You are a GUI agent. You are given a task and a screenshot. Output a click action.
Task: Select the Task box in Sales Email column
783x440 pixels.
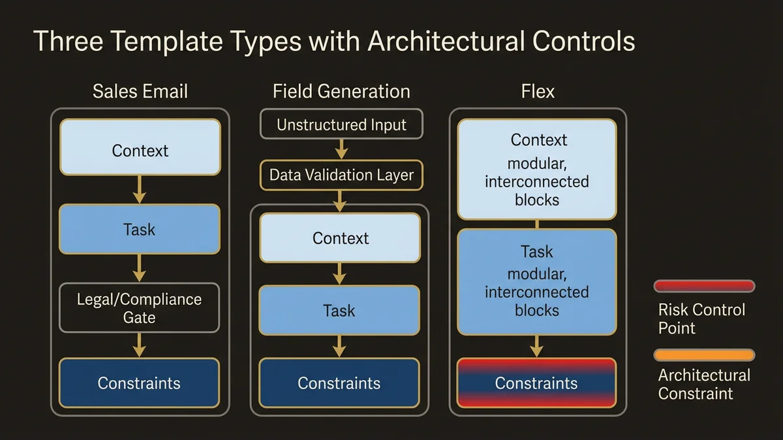pos(140,229)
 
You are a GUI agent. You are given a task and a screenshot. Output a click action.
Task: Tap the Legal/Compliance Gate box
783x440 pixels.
pos(140,308)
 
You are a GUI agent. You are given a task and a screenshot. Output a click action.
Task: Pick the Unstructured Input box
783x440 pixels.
pos(341,125)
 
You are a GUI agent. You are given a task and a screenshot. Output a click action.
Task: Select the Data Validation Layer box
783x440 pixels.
pos(341,175)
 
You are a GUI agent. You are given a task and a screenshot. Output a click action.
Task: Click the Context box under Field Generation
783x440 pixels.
pos(340,238)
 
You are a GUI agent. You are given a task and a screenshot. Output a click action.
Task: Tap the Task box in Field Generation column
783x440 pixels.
pos(339,310)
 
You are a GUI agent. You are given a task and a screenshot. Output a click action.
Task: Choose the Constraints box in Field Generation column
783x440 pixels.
pos(339,383)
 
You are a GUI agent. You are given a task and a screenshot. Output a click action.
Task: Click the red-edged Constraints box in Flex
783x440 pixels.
pos(536,383)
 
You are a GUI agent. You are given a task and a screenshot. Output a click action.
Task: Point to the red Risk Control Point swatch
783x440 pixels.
pos(704,286)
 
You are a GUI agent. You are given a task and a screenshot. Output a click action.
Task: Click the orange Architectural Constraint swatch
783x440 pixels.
pos(704,355)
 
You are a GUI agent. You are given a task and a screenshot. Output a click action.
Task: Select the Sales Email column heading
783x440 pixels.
pos(140,91)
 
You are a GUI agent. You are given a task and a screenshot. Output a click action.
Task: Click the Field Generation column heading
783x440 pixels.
pos(341,91)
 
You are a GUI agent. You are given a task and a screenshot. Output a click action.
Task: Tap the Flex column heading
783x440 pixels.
pos(538,91)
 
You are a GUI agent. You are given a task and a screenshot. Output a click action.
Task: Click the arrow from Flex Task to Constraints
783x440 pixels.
pos(536,345)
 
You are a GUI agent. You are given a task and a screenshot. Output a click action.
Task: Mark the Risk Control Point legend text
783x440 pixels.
pos(701,318)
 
